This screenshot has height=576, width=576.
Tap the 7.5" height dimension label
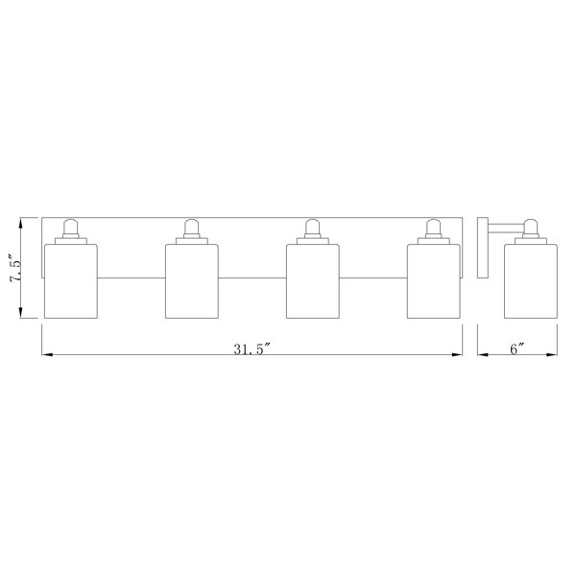(16, 268)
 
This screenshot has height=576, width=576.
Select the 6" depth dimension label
(516, 348)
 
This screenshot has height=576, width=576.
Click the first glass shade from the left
(71, 281)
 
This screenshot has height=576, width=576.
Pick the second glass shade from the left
(192, 281)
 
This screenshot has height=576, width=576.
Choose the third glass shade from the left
(313, 281)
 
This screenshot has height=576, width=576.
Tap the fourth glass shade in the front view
(434, 281)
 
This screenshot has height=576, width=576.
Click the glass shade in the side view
(531, 281)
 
